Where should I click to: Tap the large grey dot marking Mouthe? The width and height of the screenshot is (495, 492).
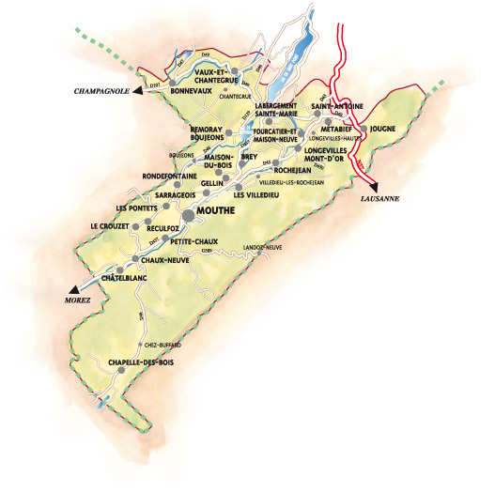pos(188,215)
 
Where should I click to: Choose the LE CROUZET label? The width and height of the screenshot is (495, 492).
pos(108,226)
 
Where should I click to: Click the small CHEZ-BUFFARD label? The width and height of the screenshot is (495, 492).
pos(162,345)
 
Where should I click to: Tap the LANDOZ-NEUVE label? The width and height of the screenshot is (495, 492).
pos(262,246)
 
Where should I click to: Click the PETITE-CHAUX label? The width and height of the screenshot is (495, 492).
pos(196,241)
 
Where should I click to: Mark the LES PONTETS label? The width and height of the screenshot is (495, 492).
pos(134,208)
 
